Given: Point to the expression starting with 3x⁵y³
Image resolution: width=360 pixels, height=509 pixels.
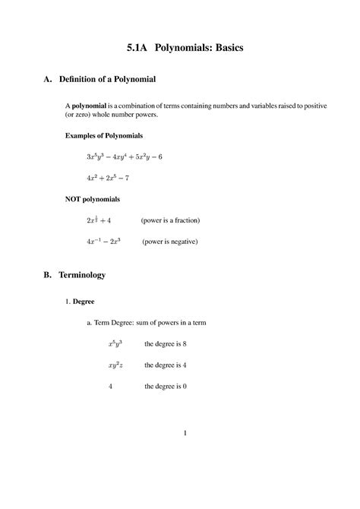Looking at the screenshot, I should pyautogui.click(x=125, y=156).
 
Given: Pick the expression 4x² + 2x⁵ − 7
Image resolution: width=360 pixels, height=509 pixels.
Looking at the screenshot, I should pyautogui.click(x=108, y=178).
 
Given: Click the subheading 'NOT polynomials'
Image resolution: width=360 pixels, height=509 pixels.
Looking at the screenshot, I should pyautogui.click(x=92, y=199).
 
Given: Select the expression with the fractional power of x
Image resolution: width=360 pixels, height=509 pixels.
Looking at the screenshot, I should pyautogui.click(x=99, y=220).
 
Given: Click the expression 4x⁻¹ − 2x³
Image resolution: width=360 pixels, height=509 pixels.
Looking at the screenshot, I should pyautogui.click(x=105, y=242).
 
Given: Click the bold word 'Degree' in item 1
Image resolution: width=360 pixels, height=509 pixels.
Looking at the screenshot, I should pyautogui.click(x=83, y=302).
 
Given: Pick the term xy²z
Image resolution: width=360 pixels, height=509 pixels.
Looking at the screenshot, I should pyautogui.click(x=115, y=365).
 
